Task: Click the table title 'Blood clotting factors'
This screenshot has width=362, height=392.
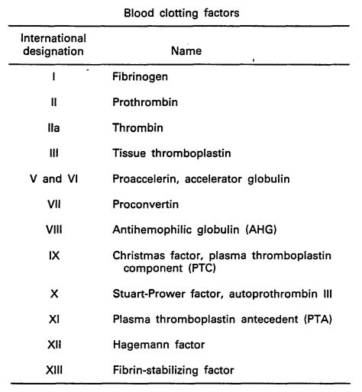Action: [x=181, y=12]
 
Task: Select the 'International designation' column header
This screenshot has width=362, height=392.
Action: [x=53, y=44]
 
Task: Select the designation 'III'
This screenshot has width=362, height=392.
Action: [x=53, y=153]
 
